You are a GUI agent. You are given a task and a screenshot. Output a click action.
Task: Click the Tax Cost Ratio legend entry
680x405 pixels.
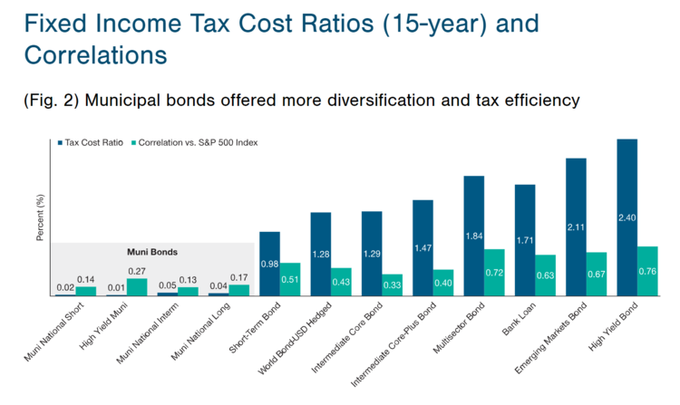click(x=94, y=142)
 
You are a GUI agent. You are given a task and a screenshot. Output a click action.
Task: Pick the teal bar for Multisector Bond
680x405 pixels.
click(x=494, y=273)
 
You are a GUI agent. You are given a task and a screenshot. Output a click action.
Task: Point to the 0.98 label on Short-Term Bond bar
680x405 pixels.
click(x=269, y=264)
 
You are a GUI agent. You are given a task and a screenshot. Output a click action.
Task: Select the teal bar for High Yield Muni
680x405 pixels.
click(x=137, y=286)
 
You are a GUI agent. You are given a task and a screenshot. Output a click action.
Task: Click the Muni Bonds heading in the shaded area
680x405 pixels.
click(x=151, y=252)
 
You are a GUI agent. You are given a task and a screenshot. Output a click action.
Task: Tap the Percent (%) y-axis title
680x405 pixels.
click(x=41, y=217)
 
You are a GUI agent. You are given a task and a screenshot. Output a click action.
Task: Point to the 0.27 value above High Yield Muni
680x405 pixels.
click(x=137, y=270)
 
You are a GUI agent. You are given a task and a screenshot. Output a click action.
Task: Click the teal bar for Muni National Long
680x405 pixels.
click(x=238, y=290)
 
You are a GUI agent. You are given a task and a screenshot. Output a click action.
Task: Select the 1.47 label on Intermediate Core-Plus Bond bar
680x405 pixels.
click(x=423, y=246)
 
